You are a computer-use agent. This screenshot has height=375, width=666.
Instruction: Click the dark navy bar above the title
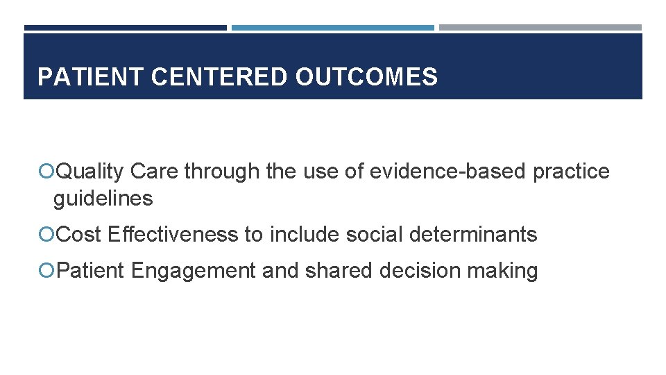coord(126,28)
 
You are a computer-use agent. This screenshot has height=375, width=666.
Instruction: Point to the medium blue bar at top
coord(333,28)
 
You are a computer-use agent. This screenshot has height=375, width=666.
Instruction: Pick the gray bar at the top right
coord(540,28)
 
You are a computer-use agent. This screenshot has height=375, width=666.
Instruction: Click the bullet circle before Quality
coord(47,172)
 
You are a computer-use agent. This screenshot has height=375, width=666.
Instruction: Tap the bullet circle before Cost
coord(47,235)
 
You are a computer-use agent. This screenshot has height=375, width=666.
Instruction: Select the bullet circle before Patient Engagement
coord(47,270)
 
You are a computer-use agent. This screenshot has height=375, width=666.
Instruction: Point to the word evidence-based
coord(448,172)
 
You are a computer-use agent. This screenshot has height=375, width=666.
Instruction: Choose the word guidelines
coord(103,199)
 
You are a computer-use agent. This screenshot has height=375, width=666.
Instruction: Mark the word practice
coord(571,172)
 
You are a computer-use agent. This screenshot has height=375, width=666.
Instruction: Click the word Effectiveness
coord(173,235)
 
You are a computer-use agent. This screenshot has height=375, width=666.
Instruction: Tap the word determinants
coord(473,235)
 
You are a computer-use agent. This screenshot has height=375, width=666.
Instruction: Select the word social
coord(374,235)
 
